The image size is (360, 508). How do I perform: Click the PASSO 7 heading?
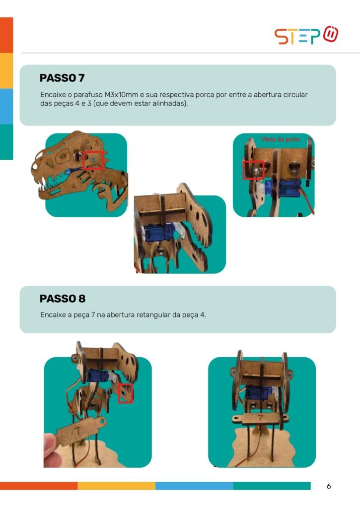click(x=62, y=78)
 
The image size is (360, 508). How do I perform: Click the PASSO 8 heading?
click(x=62, y=298)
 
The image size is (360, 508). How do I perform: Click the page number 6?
click(x=329, y=486)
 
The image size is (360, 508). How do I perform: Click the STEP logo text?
click(x=297, y=36)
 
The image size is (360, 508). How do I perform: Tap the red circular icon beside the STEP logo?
click(x=331, y=34)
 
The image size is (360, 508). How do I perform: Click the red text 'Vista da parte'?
click(x=281, y=139)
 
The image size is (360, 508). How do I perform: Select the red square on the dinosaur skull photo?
click(x=93, y=160)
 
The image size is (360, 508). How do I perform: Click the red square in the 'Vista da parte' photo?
click(x=253, y=170)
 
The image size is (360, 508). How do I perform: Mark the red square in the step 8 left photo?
click(x=125, y=393)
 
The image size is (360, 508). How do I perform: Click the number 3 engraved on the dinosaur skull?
click(x=96, y=143)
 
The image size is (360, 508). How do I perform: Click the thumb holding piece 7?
click(x=50, y=442)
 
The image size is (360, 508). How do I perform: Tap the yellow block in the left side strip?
click(x=6, y=70)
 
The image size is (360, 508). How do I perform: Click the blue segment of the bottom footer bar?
click(x=194, y=486)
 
